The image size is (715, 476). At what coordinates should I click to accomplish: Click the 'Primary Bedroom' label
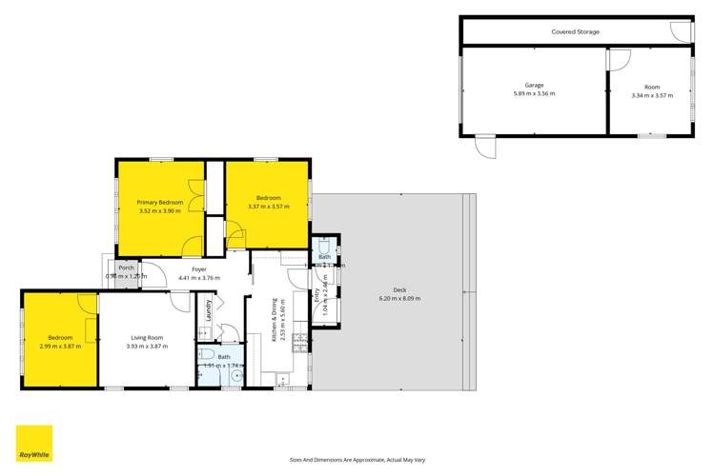point(159,202)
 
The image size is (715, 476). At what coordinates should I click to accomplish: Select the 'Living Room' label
point(147,337)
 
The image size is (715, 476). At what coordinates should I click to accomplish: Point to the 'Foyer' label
point(199,268)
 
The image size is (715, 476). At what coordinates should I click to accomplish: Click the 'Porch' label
point(126,268)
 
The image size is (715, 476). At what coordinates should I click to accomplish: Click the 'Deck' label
point(399,290)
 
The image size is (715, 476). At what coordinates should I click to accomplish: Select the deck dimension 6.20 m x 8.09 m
point(399,299)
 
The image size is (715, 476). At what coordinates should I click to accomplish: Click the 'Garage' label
point(533,85)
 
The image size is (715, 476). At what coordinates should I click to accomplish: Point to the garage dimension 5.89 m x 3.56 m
point(533,94)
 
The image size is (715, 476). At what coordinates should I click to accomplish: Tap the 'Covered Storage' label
point(575,31)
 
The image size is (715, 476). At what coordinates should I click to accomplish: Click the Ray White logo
point(33,443)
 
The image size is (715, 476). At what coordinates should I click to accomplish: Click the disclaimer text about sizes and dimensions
point(357,458)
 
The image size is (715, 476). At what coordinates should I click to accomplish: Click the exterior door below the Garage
point(486,148)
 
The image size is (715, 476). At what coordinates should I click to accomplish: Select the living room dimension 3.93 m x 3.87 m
point(147,346)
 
